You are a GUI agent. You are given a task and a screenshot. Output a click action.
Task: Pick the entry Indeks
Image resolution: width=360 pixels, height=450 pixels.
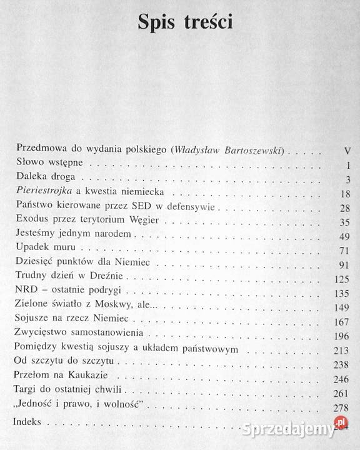point(29,423)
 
